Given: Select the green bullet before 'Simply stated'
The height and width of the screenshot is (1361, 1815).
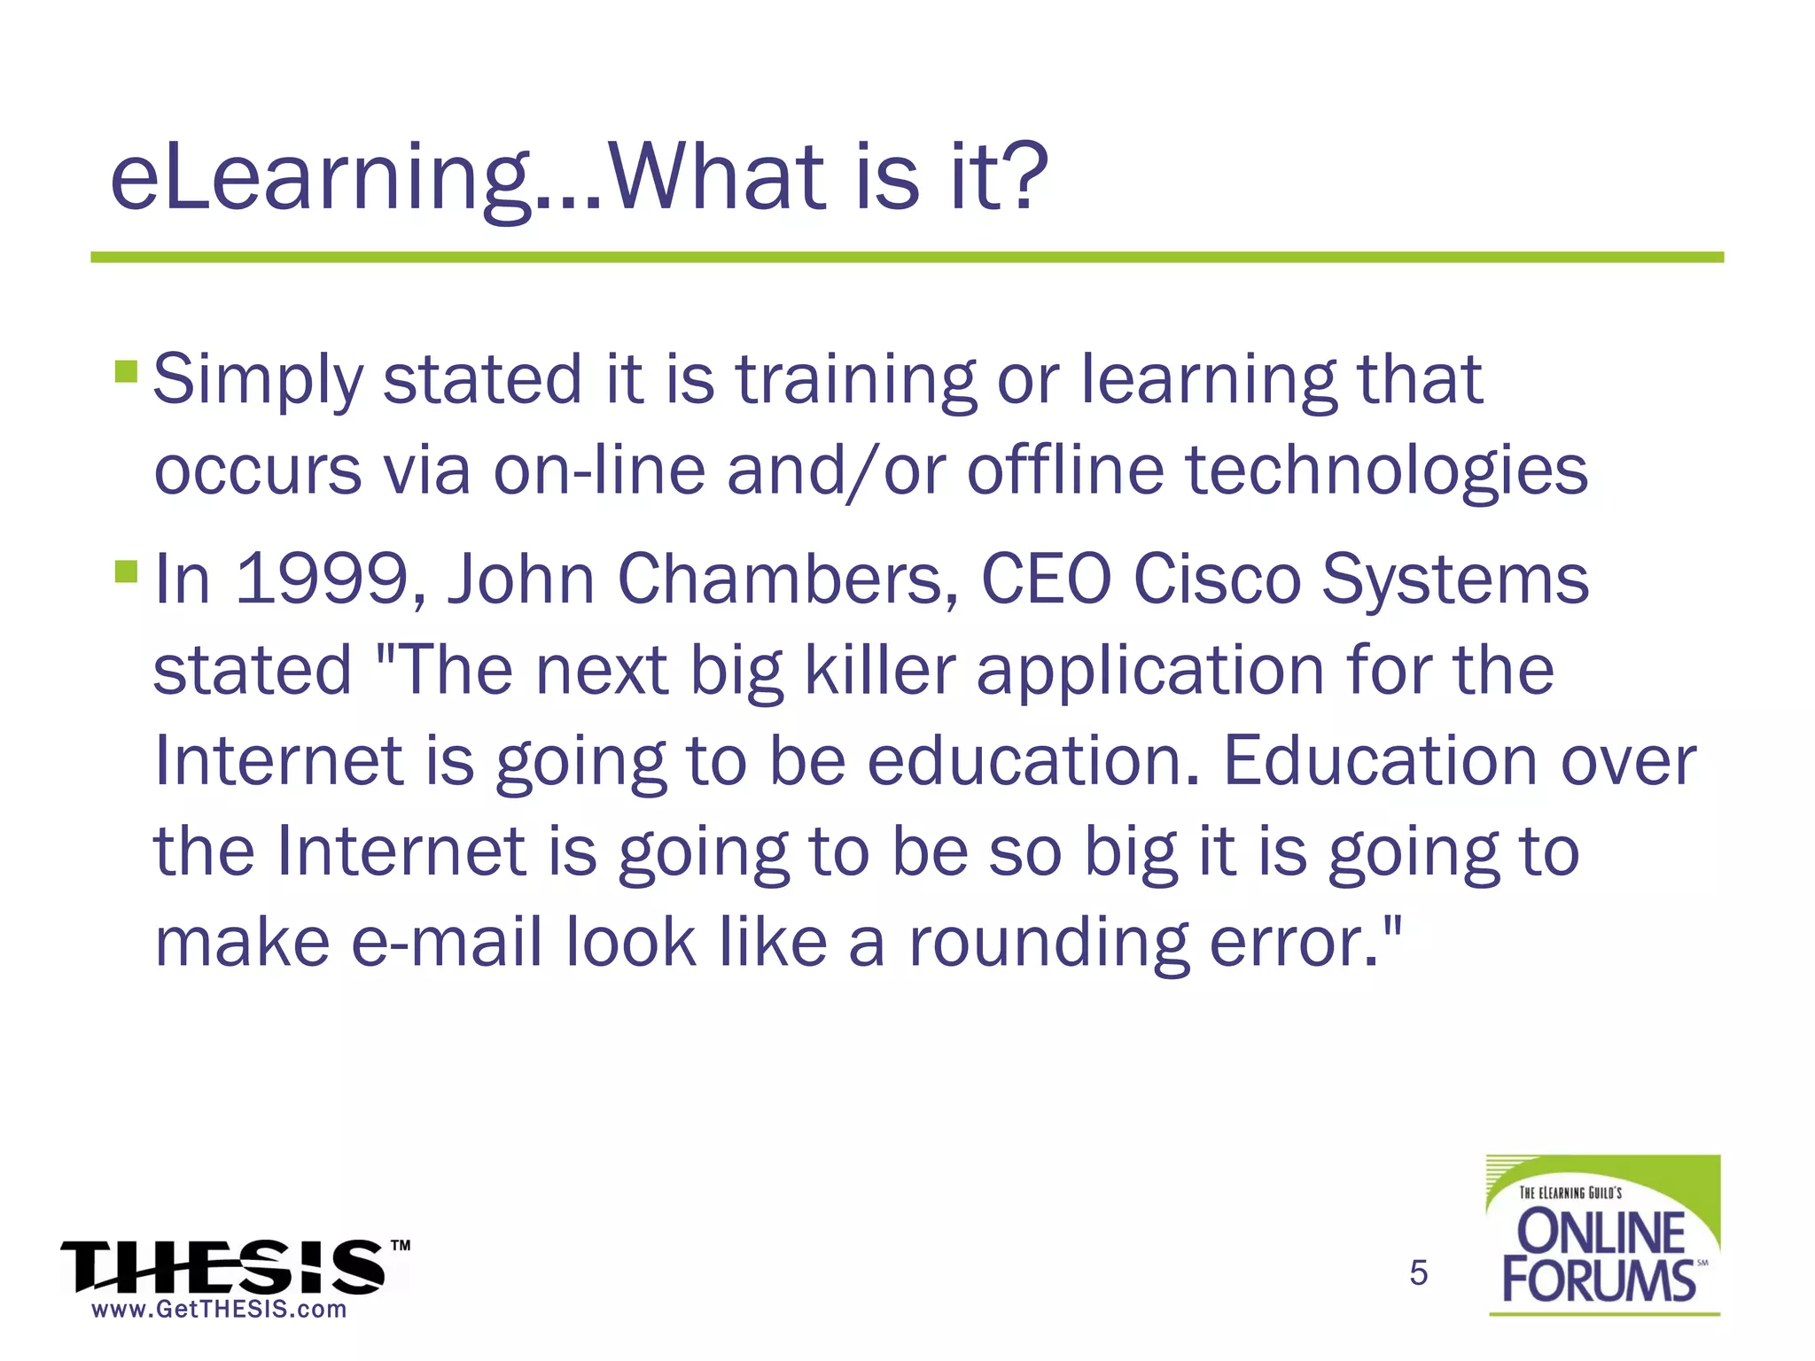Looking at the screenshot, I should point(126,370).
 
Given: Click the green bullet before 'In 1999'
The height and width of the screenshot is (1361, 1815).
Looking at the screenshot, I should point(126,571).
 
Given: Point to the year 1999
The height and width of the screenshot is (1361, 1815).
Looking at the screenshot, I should point(322,579).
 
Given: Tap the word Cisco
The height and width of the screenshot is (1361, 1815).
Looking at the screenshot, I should point(1216,579).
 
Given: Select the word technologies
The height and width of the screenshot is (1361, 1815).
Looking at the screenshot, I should point(1386,471).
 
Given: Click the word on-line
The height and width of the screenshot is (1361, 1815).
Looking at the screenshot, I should point(599,470).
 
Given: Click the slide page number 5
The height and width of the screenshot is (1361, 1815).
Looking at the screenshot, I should point(1418,1273).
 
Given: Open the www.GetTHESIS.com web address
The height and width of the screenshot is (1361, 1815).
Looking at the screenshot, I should point(219,1310).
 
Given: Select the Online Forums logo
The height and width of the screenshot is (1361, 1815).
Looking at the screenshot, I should point(1602,1234).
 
